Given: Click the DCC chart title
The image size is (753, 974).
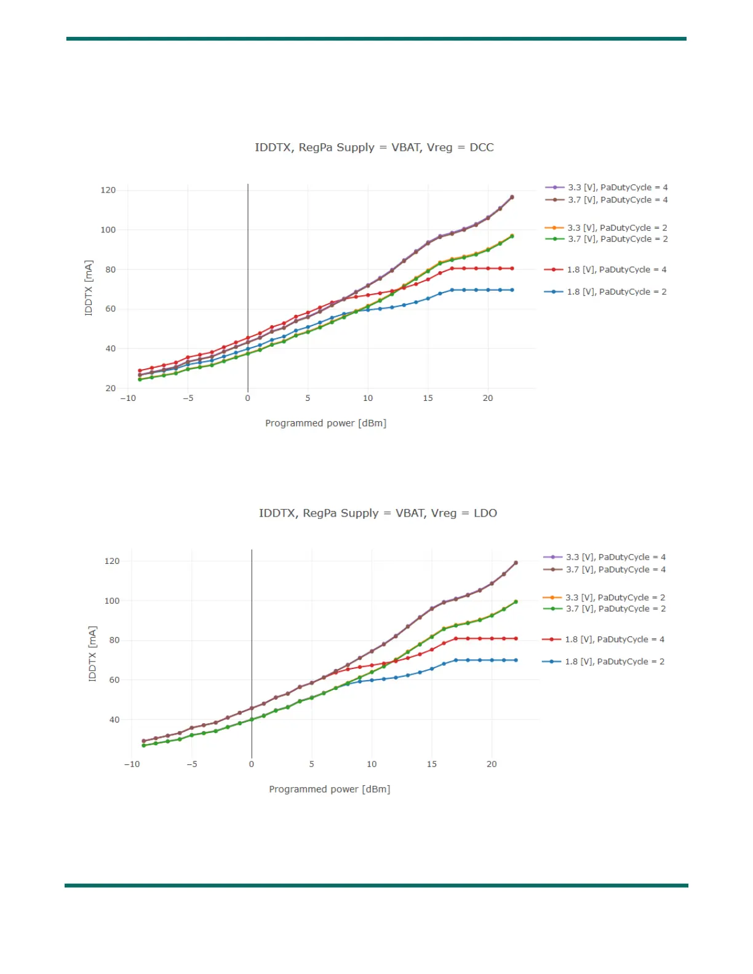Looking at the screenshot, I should [x=374, y=148].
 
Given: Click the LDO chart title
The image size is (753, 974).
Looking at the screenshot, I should [x=378, y=513].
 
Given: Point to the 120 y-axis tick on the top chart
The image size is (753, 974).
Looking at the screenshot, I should [x=108, y=190].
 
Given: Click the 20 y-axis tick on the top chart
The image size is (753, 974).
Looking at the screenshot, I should [x=111, y=388].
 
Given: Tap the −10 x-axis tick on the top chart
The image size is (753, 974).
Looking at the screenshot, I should [x=128, y=398].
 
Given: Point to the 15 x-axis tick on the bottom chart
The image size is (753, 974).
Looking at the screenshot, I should [x=432, y=764].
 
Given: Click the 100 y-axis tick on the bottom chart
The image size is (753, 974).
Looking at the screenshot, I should [x=112, y=601].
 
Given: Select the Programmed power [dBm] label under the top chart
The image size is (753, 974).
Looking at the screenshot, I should [x=325, y=423].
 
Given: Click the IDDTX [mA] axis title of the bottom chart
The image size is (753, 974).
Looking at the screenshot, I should [x=92, y=653].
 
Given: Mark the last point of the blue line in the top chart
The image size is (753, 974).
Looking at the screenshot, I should [x=512, y=290].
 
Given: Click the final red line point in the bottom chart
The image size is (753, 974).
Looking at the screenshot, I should [x=516, y=638].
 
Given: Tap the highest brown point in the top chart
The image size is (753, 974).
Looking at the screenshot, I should [x=512, y=197].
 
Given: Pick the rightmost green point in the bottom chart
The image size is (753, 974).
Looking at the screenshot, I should [x=516, y=602].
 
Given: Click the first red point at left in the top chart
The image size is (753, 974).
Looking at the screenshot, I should [x=140, y=371].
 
